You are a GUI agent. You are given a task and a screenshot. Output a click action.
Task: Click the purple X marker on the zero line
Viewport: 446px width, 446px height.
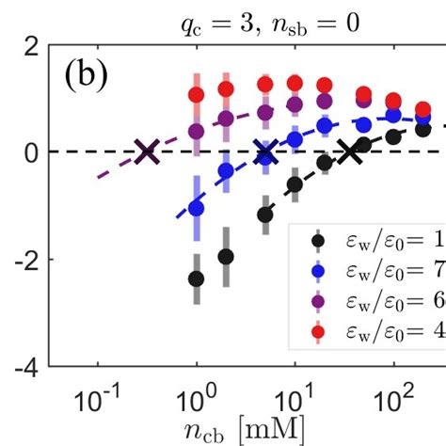146,151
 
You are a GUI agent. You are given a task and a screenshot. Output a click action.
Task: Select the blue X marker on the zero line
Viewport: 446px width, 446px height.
265,151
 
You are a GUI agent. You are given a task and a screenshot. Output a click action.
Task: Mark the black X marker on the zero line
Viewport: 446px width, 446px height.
351,151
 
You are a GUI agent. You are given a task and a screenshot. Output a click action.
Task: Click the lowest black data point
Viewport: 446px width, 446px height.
197,279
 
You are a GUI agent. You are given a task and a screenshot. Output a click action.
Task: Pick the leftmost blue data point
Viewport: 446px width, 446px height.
197,207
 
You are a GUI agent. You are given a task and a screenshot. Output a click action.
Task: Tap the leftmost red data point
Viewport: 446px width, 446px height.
197,95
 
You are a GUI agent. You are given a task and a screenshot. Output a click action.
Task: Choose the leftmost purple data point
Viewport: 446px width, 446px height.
197,131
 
